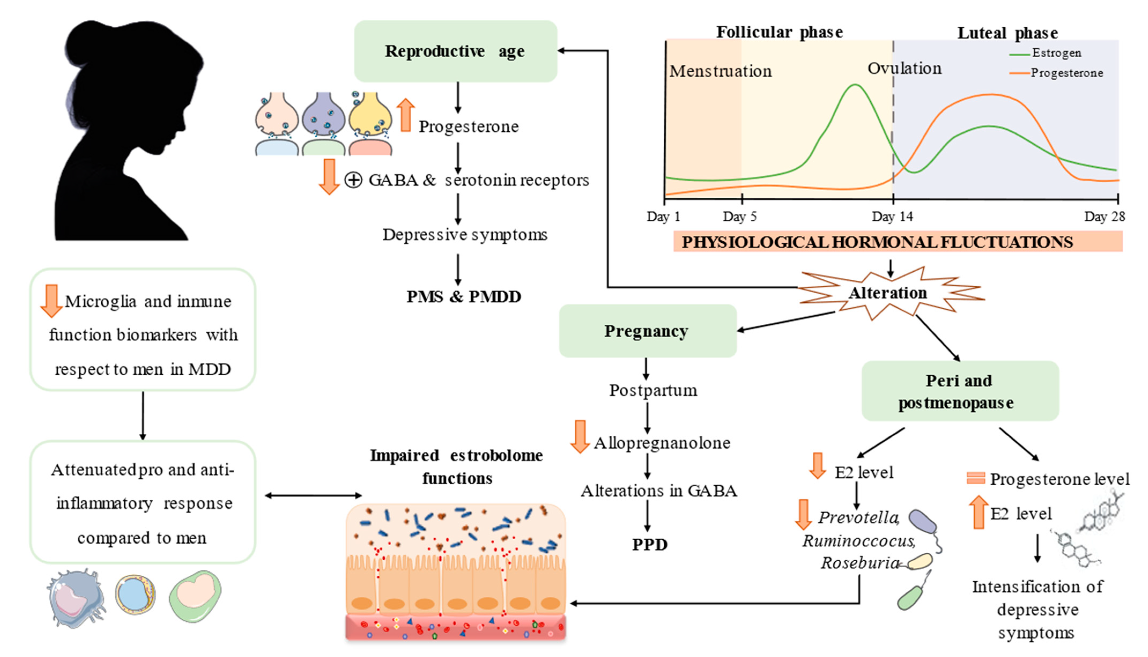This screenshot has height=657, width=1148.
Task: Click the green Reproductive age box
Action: coord(456,51)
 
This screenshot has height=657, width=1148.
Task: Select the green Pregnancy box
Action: coord(647,331)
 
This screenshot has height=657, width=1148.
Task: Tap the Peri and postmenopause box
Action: coord(960,391)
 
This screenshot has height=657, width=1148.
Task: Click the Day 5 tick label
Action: coord(739,217)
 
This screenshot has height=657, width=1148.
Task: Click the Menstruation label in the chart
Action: coord(720,71)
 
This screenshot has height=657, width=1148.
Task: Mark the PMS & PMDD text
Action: coord(464,297)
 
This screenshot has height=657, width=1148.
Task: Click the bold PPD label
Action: coord(650,545)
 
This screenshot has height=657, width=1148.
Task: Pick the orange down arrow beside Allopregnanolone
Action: coord(580,436)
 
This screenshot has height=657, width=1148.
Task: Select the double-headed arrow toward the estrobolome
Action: coord(313,496)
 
